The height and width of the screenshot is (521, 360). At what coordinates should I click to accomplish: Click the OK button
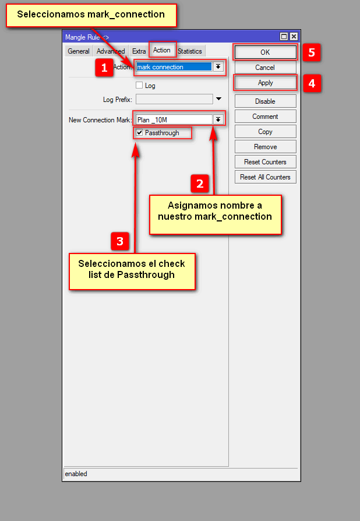pyautogui.click(x=265, y=52)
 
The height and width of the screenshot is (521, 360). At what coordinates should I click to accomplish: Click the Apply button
pyautogui.click(x=265, y=83)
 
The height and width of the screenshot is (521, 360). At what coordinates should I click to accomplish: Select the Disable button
pyautogui.click(x=265, y=101)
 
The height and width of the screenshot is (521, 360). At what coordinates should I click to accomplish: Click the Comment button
pyautogui.click(x=265, y=117)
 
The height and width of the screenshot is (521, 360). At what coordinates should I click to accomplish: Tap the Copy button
pyautogui.click(x=265, y=132)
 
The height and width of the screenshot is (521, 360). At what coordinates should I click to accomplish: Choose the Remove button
pyautogui.click(x=265, y=147)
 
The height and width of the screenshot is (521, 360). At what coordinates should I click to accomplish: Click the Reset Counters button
pyautogui.click(x=265, y=162)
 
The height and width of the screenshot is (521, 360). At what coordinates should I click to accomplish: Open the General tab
pyautogui.click(x=79, y=51)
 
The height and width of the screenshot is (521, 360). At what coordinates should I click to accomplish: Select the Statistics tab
pyautogui.click(x=190, y=51)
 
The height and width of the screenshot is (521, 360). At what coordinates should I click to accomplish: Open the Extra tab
pyautogui.click(x=139, y=51)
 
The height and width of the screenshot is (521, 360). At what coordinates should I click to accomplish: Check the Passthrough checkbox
pyautogui.click(x=139, y=133)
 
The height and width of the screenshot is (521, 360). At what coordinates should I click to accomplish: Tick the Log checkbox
pyautogui.click(x=139, y=86)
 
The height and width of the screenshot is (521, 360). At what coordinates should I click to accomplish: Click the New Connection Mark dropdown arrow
pyautogui.click(x=218, y=119)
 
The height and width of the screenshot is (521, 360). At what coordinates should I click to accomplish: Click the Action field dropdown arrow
pyautogui.click(x=218, y=67)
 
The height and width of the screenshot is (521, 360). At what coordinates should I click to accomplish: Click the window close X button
pyautogui.click(x=294, y=37)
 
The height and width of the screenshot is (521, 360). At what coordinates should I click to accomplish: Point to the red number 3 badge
pyautogui.click(x=120, y=241)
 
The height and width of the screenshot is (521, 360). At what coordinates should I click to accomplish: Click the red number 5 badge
pyautogui.click(x=312, y=52)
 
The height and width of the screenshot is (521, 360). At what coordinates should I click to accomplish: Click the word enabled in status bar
pyautogui.click(x=76, y=474)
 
